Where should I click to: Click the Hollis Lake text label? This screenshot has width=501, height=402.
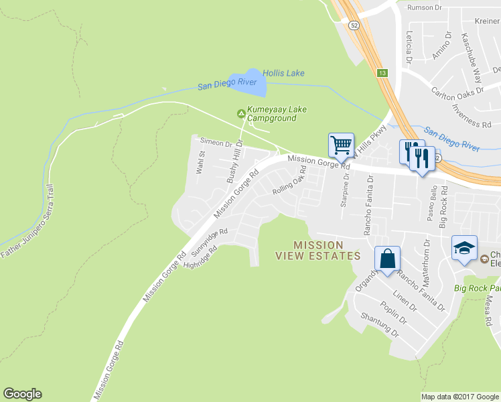283,73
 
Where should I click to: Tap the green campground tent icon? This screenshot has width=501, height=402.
241,113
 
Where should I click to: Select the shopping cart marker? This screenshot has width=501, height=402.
341,145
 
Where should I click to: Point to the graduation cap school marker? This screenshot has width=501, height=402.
465,248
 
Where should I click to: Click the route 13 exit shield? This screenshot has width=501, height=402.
382,72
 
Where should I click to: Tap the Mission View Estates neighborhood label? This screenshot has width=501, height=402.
318,250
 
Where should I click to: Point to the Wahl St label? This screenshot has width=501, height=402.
200,163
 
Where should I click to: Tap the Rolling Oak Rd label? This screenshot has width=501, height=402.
289,181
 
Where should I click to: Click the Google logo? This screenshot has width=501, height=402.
22,394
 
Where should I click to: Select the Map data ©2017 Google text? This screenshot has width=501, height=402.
459,397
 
